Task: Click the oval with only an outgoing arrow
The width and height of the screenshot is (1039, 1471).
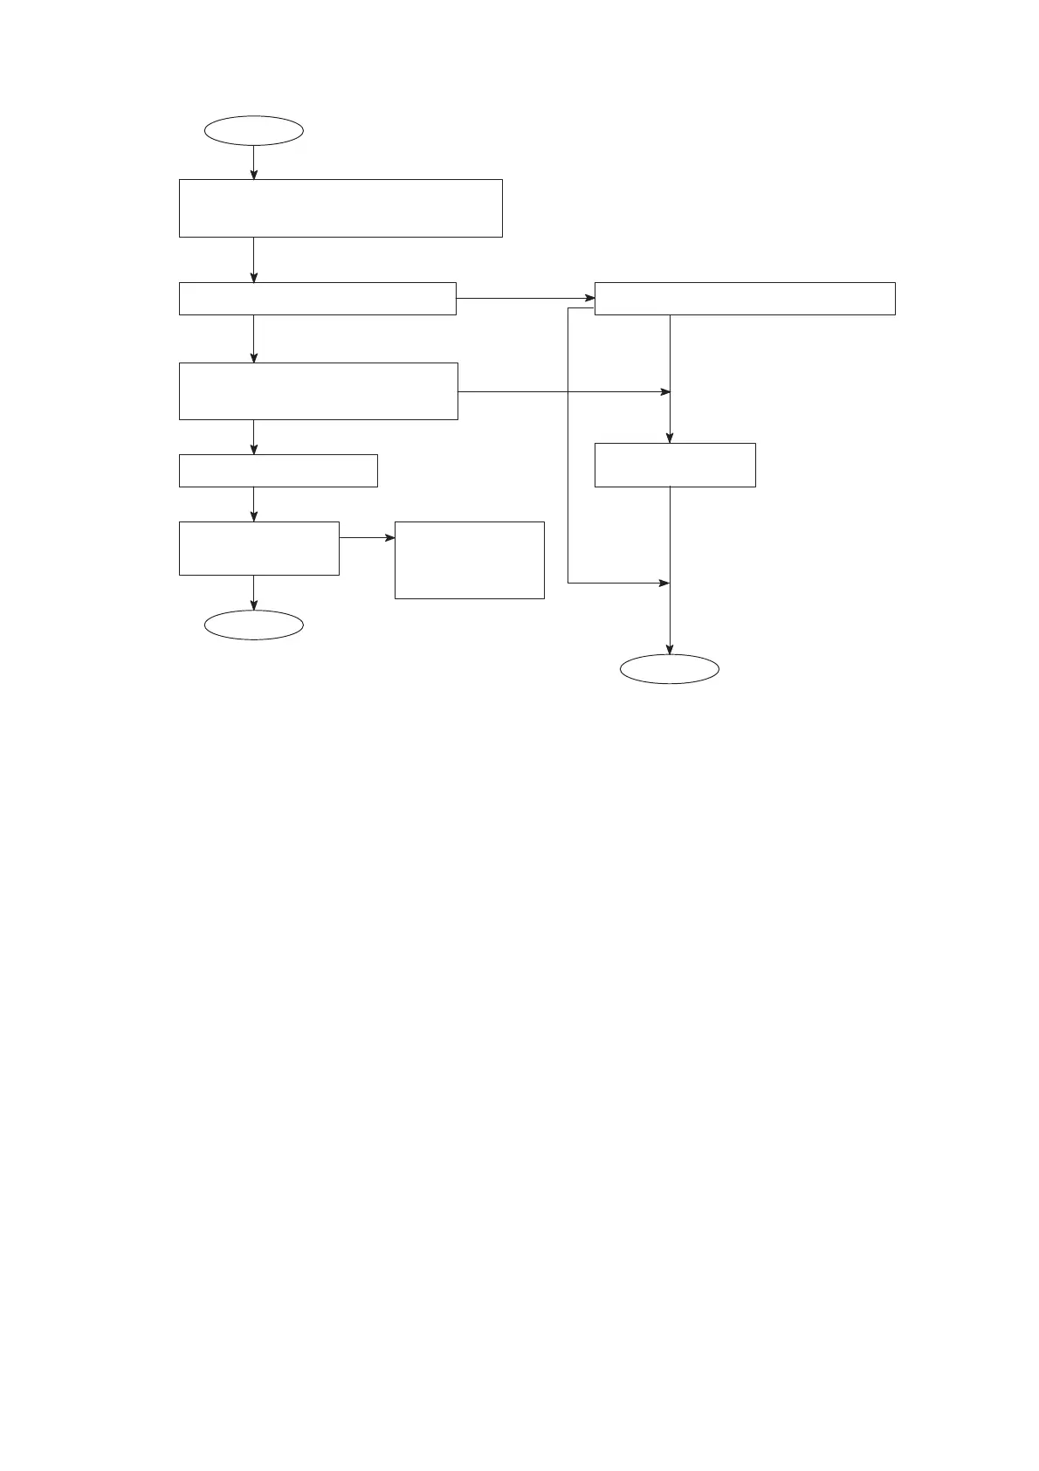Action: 253,131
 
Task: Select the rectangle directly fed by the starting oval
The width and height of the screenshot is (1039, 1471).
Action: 341,208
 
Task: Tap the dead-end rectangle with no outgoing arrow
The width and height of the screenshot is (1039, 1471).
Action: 469,560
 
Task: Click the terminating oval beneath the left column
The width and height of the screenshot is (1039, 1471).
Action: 253,625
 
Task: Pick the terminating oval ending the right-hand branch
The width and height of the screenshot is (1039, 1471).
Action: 670,669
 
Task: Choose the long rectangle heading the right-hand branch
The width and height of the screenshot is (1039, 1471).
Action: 745,299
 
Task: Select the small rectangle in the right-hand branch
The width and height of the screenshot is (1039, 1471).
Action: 675,465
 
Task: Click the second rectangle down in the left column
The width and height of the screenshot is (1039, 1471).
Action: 317,299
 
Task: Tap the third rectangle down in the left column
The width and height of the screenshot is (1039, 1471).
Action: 318,391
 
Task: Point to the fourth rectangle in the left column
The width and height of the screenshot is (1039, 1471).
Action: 278,470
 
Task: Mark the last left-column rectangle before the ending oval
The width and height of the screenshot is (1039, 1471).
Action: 258,549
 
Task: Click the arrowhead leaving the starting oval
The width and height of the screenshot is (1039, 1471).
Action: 254,175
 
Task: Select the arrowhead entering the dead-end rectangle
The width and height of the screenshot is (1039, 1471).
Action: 389,537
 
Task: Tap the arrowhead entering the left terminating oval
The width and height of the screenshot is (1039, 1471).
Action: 254,605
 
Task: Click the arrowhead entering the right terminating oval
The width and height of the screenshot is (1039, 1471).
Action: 670,650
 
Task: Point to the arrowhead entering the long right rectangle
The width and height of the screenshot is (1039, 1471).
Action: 589,298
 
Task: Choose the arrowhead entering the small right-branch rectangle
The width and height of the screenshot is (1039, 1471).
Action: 670,439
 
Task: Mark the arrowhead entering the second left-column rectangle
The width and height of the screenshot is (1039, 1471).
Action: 254,278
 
